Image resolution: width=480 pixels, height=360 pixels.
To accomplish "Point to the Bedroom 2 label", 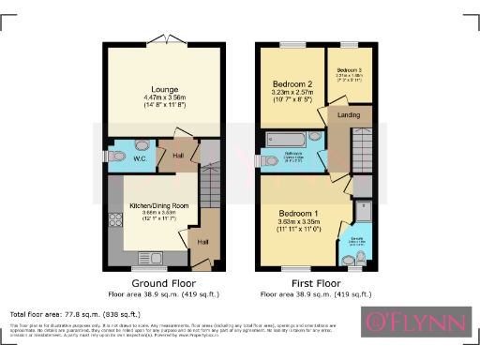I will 289,85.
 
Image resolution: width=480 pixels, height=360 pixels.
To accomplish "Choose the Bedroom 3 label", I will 349,70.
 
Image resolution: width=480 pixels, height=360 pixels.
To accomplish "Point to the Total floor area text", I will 55,313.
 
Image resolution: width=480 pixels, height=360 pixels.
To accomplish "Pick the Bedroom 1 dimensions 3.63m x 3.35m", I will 299,221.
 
